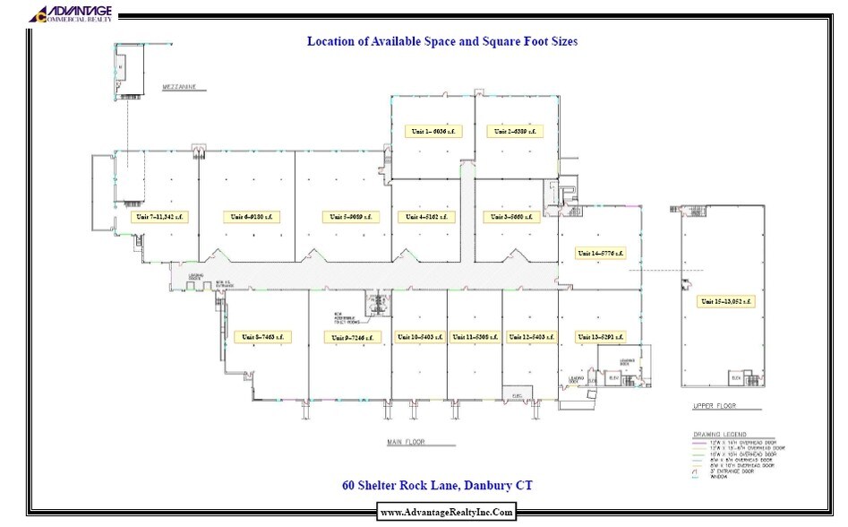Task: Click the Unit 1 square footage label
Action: tap(433, 131)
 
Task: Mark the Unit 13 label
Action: tap(600, 337)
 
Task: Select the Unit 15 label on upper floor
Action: tap(724, 301)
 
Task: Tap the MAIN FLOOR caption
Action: tap(407, 442)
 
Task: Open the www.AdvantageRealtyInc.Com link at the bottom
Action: tap(447, 512)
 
